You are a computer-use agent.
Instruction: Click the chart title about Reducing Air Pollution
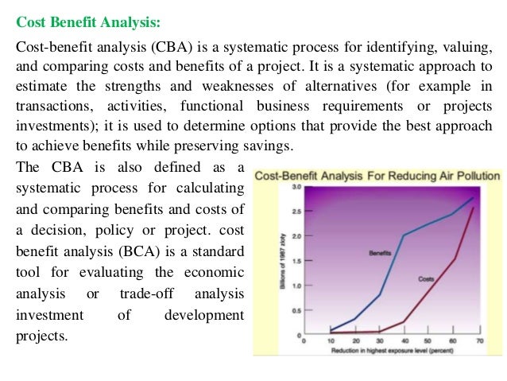[x=378, y=176]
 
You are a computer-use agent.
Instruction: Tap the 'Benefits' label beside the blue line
[x=379, y=253]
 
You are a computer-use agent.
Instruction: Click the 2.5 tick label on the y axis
[x=295, y=212]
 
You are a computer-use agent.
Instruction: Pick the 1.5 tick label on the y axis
[x=295, y=261]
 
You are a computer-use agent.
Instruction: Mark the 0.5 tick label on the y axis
[x=295, y=310]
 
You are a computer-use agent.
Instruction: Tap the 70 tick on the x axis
[x=479, y=340]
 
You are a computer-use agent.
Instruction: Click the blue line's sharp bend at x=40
[x=404, y=235]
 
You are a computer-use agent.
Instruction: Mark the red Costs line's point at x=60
[x=455, y=259]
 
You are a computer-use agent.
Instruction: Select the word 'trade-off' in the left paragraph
[x=151, y=294]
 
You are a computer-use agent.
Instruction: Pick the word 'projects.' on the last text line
[x=42, y=336]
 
